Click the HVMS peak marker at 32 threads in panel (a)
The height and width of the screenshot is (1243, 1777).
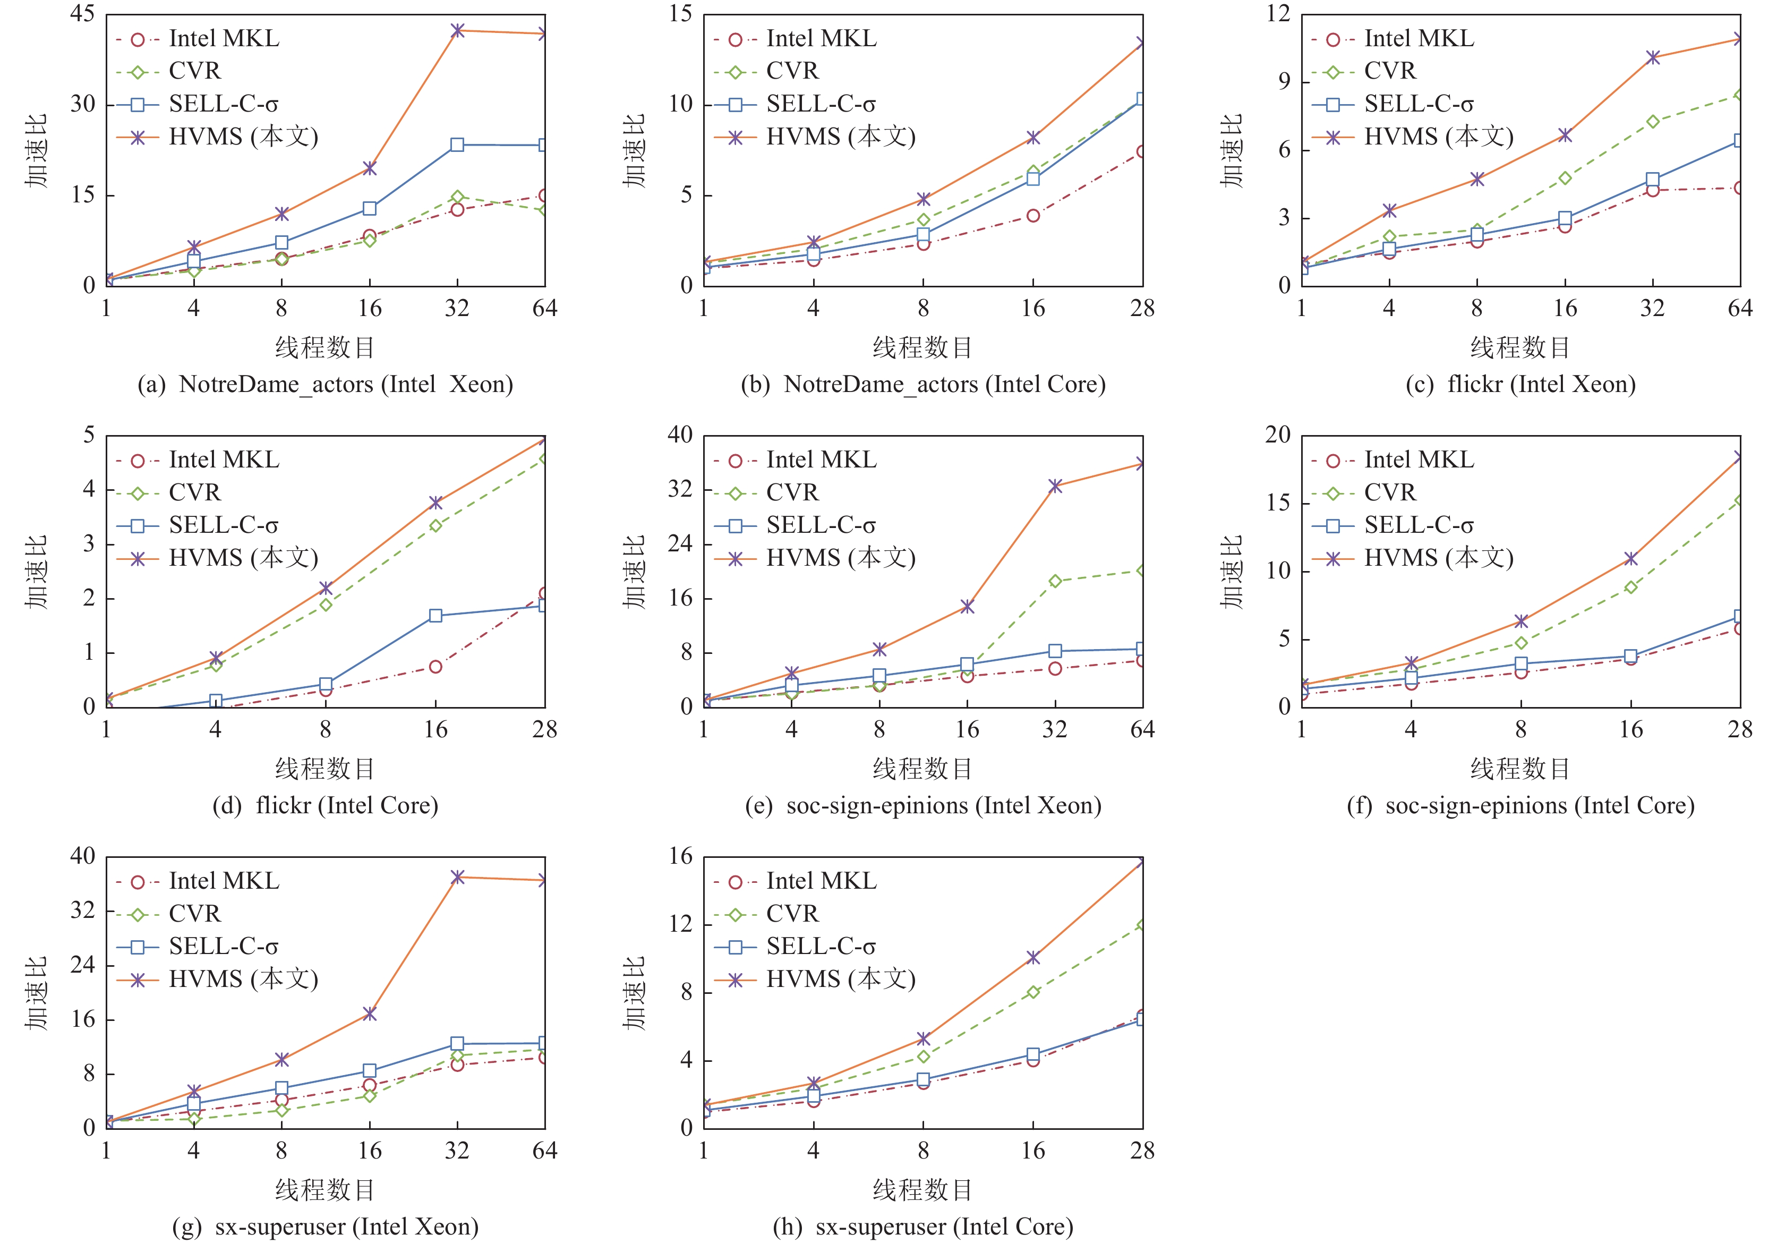pyautogui.click(x=457, y=30)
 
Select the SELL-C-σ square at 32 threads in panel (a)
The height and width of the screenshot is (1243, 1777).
pyautogui.click(x=457, y=144)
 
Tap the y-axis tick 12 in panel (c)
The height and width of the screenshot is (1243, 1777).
pyautogui.click(x=1278, y=14)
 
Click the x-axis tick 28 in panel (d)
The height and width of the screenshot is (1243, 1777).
pyautogui.click(x=545, y=729)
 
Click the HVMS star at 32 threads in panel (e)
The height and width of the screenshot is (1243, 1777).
pyautogui.click(x=1055, y=486)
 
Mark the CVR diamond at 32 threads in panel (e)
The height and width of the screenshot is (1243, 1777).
pyautogui.click(x=1055, y=581)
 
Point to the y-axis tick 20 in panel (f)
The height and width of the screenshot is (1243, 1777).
pyautogui.click(x=1278, y=435)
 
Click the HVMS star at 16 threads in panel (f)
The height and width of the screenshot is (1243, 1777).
pyautogui.click(x=1631, y=559)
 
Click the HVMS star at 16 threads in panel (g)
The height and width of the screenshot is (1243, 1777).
pyautogui.click(x=370, y=1013)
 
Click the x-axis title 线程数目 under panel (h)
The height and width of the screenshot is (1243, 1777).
pyautogui.click(x=922, y=1189)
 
